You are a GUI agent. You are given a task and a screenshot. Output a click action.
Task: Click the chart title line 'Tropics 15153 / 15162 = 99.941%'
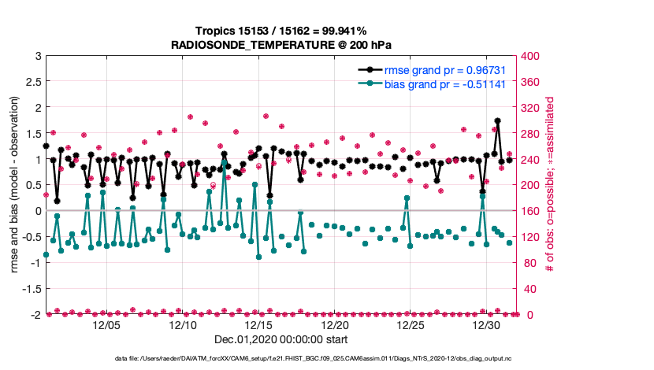point(281,31)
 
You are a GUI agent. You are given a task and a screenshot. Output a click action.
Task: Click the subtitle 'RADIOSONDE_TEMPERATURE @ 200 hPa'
point(281,45)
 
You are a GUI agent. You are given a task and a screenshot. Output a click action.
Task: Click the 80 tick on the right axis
point(530,263)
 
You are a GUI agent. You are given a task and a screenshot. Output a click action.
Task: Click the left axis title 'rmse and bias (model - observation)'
point(15,186)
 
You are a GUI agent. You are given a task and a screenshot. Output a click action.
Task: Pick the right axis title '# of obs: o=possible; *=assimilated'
point(550,186)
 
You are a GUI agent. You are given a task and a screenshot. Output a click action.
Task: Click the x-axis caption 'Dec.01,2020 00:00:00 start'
point(281,340)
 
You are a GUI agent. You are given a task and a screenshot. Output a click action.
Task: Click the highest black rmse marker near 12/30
point(497,120)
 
